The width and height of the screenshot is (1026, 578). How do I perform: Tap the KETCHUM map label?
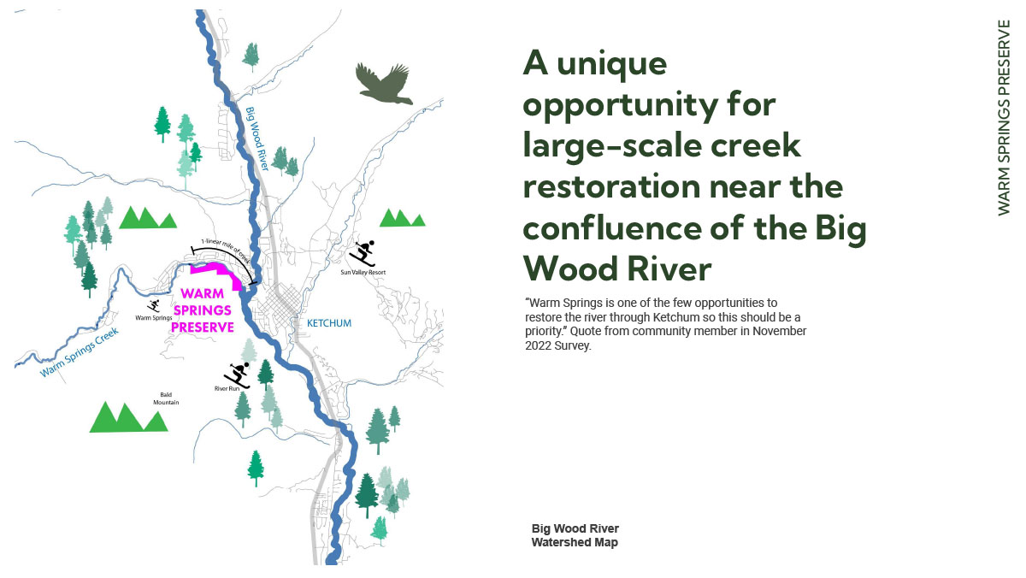coord(329,323)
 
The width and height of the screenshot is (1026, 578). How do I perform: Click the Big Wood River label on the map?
coord(256,139)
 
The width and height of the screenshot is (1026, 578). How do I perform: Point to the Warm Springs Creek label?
coord(80,351)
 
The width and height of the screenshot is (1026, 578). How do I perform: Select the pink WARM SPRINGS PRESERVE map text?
coord(203,310)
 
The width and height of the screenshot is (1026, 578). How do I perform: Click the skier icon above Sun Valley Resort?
coord(363,253)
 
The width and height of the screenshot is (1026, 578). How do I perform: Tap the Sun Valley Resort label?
coord(363,272)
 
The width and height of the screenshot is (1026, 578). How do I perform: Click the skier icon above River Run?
coord(238,375)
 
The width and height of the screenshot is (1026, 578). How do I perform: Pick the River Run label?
coord(227,389)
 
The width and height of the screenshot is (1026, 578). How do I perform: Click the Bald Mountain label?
coord(166,398)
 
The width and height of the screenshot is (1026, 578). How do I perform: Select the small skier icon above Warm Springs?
coord(153,306)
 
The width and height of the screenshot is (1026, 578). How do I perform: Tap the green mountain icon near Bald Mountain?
coord(129,417)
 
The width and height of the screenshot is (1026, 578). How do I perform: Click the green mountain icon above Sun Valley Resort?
coord(402,218)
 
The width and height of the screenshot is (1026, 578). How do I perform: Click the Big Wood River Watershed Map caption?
coord(575,535)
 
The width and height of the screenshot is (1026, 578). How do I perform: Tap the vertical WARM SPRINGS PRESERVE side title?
coord(1004,118)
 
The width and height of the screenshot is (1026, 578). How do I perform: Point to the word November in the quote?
coord(779,331)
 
